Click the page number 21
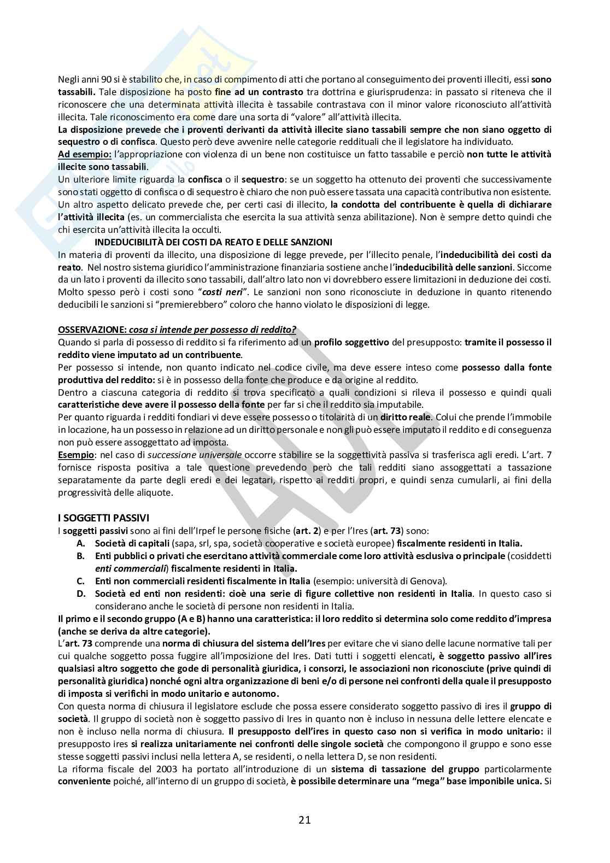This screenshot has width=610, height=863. [304, 819]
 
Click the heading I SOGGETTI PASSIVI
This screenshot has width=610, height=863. [103, 517]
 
